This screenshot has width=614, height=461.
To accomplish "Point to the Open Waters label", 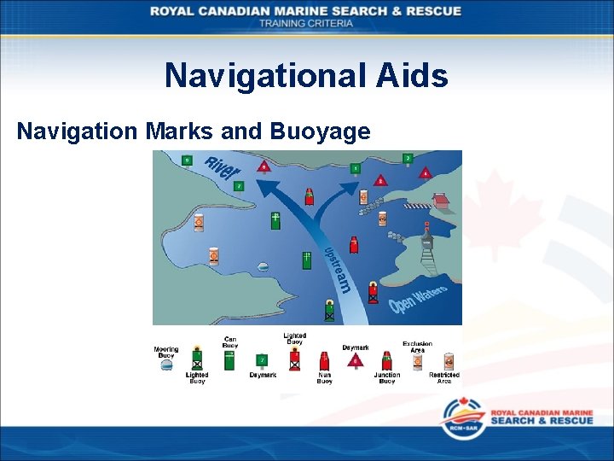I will pos(418,300).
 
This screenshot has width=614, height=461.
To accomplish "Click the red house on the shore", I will pos(440,201).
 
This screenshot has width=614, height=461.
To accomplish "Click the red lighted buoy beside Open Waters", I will pos(373,291).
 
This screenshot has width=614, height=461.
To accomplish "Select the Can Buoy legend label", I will pos(230,341).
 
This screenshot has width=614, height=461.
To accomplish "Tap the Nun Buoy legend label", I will pos(324,378).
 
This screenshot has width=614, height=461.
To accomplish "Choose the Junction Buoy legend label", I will pos(386,378).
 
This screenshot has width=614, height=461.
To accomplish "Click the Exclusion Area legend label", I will pos(418,347).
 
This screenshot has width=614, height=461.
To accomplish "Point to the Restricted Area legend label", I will pos(444,377).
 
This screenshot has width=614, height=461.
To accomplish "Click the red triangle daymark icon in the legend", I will pos(356,360).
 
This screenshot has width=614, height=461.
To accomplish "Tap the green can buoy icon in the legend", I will pos(229,359).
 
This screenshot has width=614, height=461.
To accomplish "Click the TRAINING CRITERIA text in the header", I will pos(306,23).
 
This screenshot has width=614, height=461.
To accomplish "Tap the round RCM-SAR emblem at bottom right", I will pos(461,418).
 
